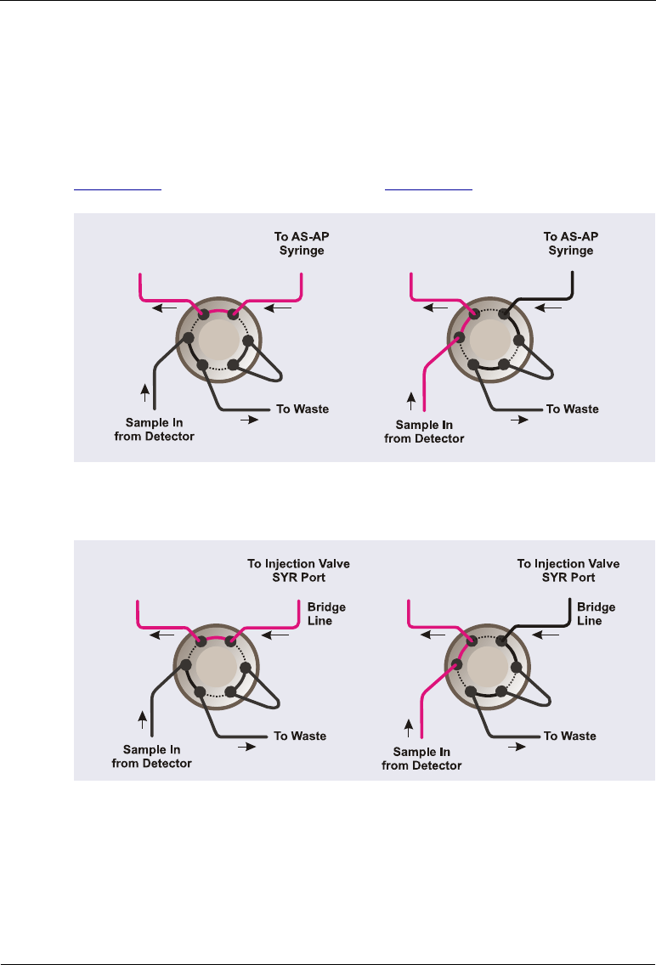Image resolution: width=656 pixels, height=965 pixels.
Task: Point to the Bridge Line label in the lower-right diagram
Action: coord(596,614)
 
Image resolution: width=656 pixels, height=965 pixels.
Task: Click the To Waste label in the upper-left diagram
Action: coord(303,409)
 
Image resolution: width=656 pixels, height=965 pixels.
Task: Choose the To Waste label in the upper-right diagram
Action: coord(572,409)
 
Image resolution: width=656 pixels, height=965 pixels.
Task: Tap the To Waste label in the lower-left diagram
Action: coord(299,736)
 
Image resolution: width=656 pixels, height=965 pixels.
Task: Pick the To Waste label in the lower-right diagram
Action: coord(569,736)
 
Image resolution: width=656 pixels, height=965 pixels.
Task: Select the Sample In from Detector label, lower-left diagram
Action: coord(152,757)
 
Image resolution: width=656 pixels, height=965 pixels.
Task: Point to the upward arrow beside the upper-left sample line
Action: coord(144,392)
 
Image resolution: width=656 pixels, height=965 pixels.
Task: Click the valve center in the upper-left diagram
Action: coord(217,342)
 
